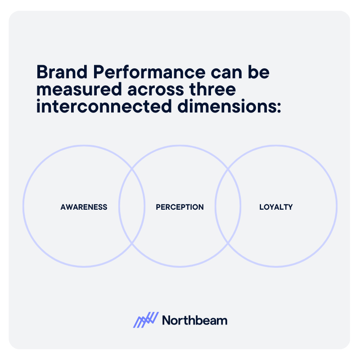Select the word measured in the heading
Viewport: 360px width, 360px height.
78,90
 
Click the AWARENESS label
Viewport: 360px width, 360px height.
84,207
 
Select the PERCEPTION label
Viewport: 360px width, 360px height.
180,207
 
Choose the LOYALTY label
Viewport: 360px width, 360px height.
276,207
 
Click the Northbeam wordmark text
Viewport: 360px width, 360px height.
194,320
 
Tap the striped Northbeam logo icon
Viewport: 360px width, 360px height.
146,319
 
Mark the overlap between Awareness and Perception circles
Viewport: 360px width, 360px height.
132,206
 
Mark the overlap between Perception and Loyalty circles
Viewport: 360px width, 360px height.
228,206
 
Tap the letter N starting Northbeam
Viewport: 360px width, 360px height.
166,320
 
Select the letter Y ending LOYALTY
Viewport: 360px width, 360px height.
290,207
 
